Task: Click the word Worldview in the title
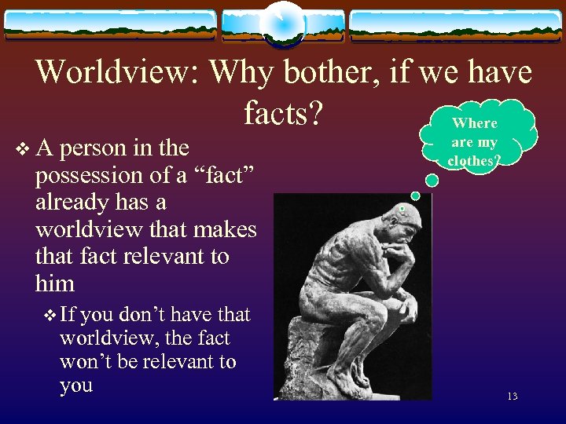click(x=117, y=72)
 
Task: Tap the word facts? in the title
click(x=283, y=114)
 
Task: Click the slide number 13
click(x=512, y=397)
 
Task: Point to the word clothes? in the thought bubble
click(x=474, y=161)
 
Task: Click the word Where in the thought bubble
click(x=475, y=123)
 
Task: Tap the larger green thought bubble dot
click(x=416, y=195)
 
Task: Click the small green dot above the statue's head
click(x=402, y=210)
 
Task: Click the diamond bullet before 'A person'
click(x=20, y=148)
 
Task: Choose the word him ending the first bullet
click(x=54, y=283)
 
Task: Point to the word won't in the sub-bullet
click(x=87, y=362)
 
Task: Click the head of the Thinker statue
click(x=401, y=224)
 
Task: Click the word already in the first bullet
click(x=72, y=202)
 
